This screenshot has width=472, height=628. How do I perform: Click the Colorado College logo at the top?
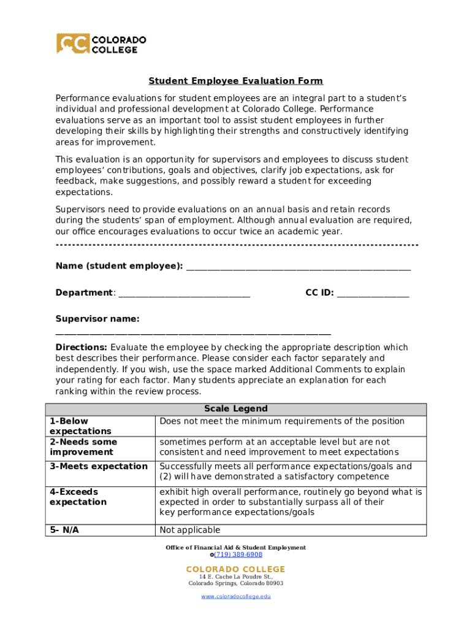[x=101, y=44]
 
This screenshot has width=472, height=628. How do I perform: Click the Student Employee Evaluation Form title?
[x=235, y=81]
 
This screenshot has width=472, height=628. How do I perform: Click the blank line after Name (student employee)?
[x=298, y=267]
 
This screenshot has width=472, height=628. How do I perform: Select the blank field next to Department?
[x=184, y=294]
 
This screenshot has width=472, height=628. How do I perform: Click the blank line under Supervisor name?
[x=193, y=333]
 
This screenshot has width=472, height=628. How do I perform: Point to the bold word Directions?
[x=82, y=347]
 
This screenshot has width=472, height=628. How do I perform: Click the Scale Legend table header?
[x=235, y=409]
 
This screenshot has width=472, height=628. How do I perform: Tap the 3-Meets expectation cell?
[x=98, y=467]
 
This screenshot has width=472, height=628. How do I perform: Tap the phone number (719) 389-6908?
[x=238, y=554]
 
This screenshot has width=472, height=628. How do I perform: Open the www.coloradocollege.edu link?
[x=235, y=596]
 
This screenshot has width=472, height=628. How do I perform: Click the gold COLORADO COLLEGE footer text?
[x=235, y=569]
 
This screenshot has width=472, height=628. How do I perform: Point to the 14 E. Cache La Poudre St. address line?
[x=235, y=577]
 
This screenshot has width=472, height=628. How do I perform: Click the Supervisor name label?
[x=97, y=319]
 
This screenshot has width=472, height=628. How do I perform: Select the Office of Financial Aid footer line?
[x=235, y=547]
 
